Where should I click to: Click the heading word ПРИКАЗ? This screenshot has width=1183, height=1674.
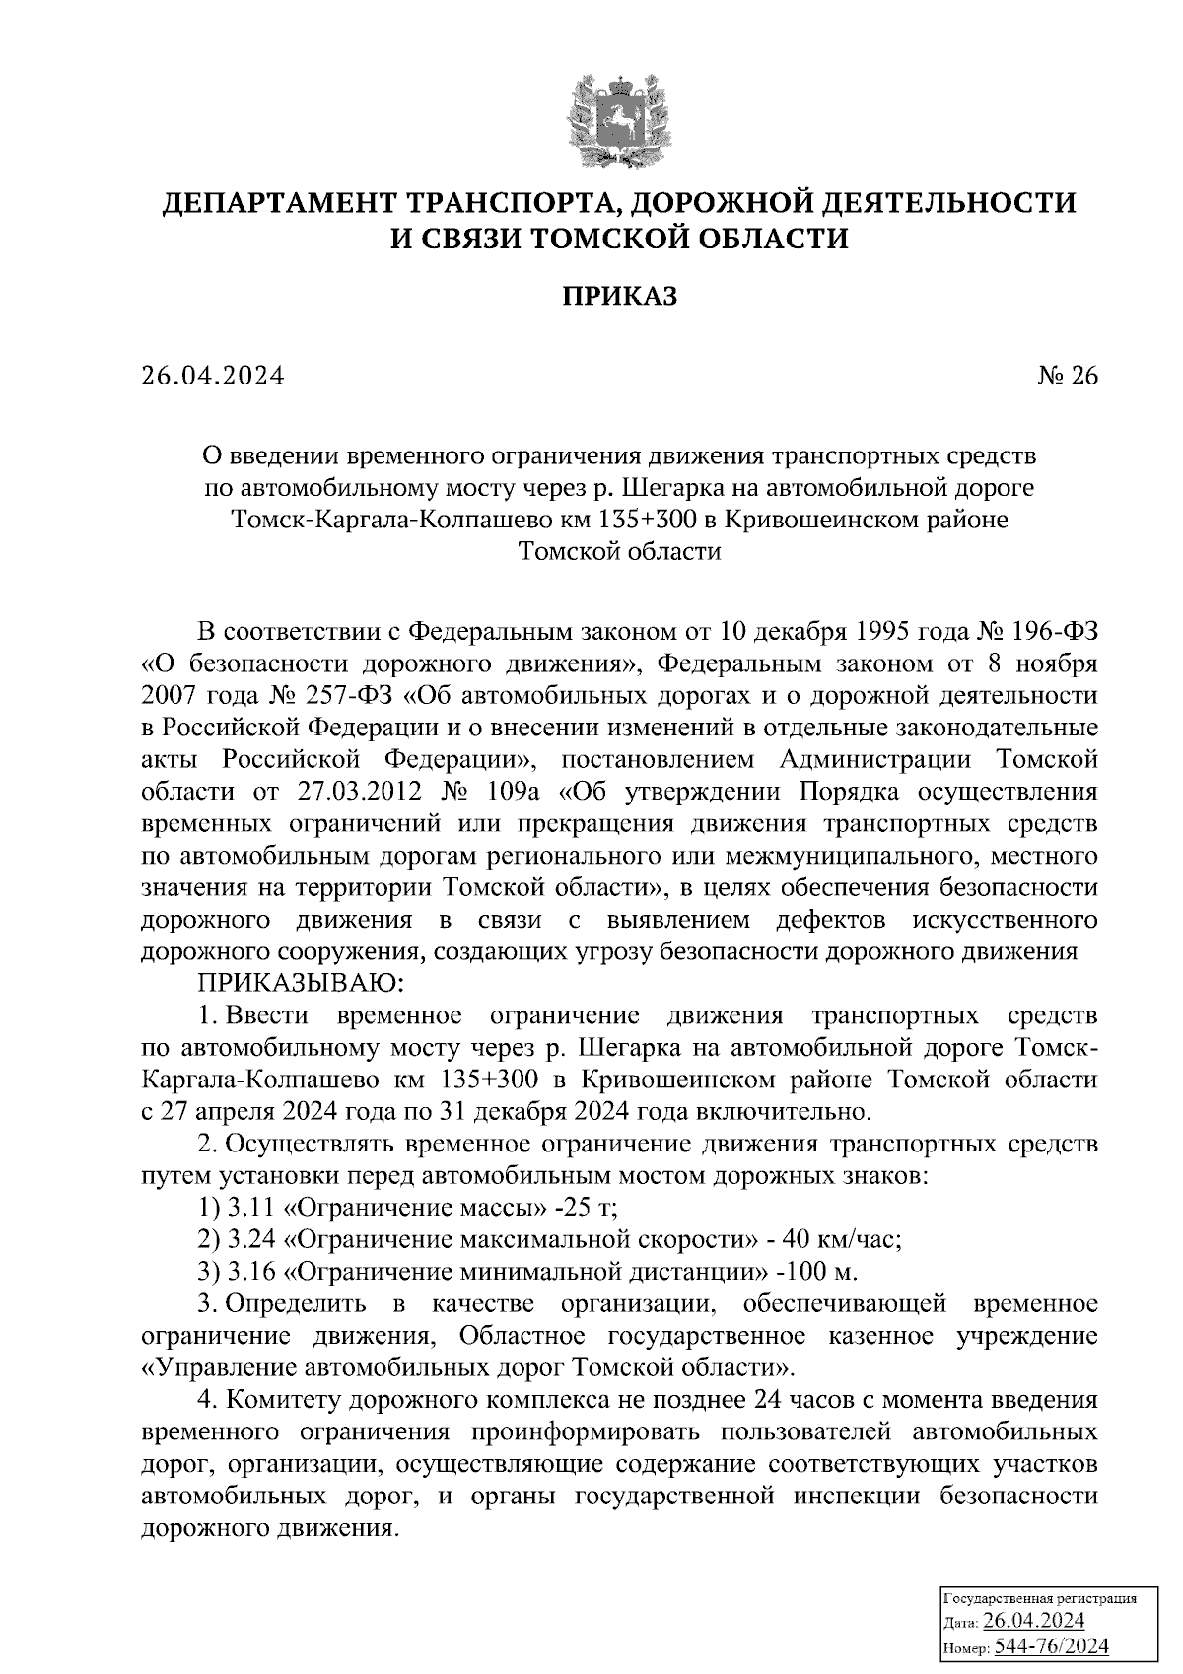(619, 297)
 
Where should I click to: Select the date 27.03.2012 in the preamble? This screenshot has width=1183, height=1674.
(342, 792)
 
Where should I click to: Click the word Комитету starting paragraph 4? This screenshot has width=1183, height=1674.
(282, 1400)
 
